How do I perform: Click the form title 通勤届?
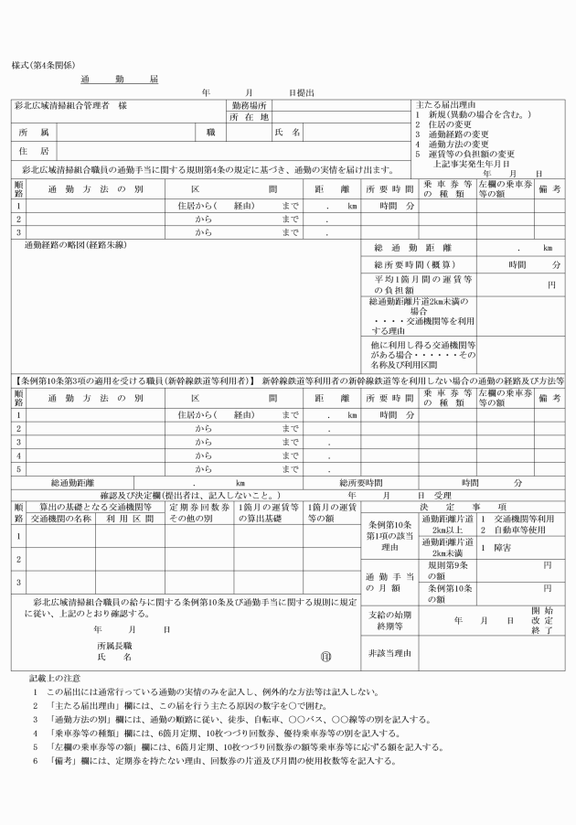(119, 80)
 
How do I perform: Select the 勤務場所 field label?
(248, 106)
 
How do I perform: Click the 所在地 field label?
(248, 117)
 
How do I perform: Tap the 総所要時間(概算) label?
(408, 264)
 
